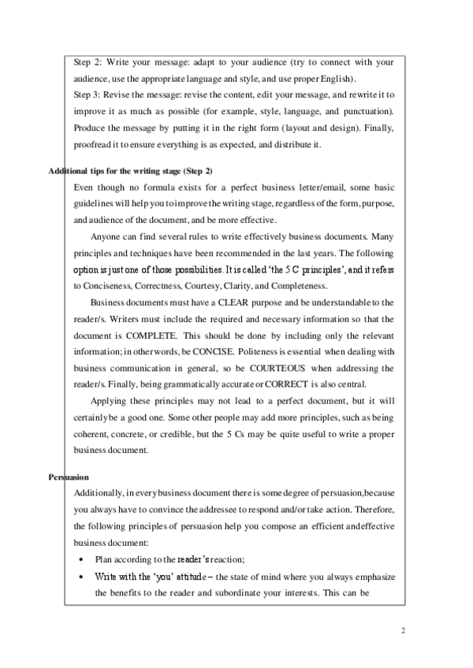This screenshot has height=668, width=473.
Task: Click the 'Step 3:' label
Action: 86,95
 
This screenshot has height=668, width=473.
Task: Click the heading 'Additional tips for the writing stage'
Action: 130,172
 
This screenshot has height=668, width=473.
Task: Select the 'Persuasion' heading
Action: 69,477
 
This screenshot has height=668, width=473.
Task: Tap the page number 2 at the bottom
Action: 402,631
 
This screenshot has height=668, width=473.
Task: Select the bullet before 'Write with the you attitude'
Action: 81,577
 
